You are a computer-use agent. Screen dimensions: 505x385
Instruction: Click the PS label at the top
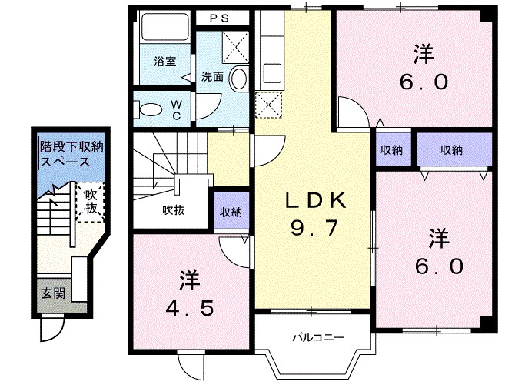point(220,18)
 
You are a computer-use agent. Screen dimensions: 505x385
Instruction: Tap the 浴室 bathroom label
point(165,62)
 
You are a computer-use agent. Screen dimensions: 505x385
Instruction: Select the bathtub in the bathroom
point(165,27)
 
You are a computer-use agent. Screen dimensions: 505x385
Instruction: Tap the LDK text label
point(316,202)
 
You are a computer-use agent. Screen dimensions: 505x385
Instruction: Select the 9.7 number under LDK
point(314,227)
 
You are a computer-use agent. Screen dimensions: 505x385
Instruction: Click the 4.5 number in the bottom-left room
point(190,308)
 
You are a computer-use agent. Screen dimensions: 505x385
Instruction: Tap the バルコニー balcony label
point(318,338)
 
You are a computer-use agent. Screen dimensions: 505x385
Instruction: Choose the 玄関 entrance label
point(53,293)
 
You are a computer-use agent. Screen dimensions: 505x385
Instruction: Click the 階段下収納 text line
point(71,147)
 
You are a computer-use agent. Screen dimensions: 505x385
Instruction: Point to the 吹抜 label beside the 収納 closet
point(173,210)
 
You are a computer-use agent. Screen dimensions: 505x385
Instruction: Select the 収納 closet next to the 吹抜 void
point(231,211)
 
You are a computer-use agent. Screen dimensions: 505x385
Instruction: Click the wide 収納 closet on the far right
point(454,149)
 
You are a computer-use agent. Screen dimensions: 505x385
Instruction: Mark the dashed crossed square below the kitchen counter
point(268,105)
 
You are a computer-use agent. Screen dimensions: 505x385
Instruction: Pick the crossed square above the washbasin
point(235,47)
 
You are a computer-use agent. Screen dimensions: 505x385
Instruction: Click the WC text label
point(176,109)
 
